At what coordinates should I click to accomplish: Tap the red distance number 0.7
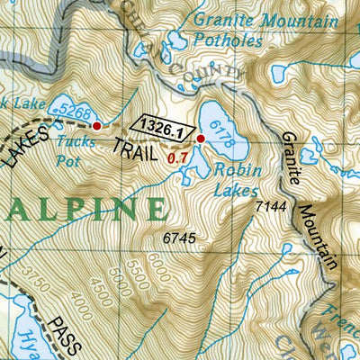pos(177,159)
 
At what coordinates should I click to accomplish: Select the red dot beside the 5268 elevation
pos(97,126)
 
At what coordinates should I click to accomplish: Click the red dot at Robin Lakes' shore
pos(201,139)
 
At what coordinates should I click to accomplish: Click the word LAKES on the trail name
pos(20,145)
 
